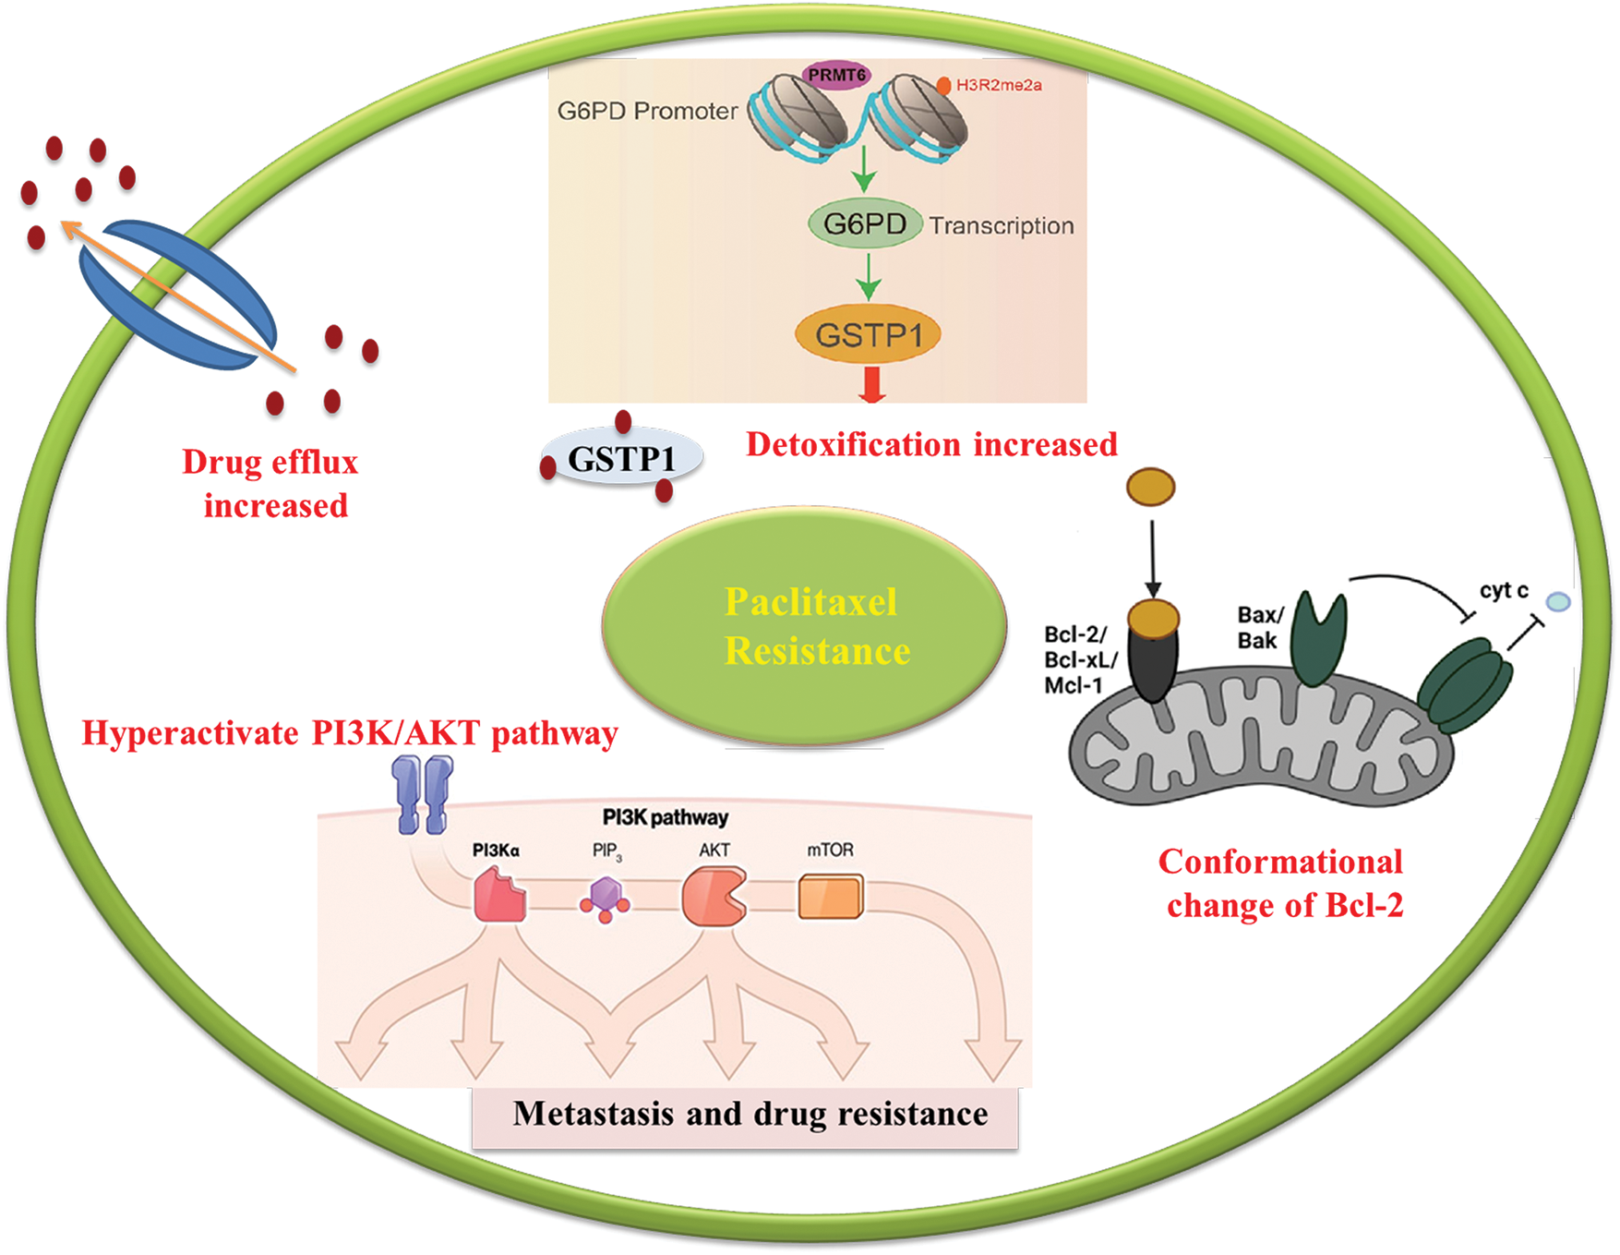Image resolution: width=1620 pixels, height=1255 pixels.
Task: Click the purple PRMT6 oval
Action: pos(836,75)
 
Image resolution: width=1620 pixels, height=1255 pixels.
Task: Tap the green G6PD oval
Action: pos(865,223)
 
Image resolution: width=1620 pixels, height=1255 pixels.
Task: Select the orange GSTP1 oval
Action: pos(868,334)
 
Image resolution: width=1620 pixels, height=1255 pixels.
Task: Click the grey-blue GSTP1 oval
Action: pos(621,458)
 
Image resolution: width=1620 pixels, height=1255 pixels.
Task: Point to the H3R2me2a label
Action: pos(999,85)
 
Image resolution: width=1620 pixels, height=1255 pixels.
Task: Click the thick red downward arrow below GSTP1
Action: pos(871,385)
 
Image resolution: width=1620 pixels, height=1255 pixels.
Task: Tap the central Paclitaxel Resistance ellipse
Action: pos(804,625)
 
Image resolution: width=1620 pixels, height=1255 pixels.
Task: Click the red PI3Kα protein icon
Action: pos(499,895)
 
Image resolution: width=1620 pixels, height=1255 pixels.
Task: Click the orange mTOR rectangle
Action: pos(831,897)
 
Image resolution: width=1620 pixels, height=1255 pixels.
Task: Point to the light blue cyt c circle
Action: pos(1558,602)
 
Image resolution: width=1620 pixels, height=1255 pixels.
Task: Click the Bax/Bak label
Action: pos(1260,628)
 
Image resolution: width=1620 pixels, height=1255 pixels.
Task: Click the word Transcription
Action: pos(1002,225)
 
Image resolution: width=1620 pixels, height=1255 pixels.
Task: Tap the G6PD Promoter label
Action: pos(647,111)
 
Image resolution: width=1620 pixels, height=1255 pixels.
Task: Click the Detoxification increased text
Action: pos(931,444)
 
